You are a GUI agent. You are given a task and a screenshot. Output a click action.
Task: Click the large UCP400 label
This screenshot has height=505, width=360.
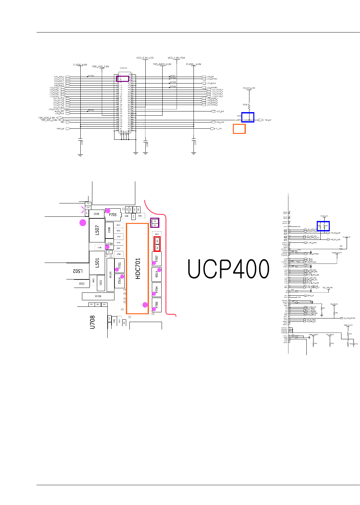[x=229, y=269]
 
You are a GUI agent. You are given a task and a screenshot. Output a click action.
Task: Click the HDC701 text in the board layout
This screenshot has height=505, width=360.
[x=138, y=268]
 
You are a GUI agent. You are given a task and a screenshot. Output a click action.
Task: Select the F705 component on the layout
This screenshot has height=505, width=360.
[x=113, y=215]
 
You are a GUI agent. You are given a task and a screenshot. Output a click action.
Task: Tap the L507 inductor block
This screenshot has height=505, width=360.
[x=97, y=230]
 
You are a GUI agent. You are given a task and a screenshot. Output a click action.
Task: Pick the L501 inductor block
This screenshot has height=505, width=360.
[x=97, y=263]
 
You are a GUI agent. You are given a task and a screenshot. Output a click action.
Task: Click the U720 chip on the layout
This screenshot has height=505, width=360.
[x=109, y=244]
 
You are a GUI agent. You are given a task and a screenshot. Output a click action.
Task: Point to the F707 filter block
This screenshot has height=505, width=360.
[x=157, y=259]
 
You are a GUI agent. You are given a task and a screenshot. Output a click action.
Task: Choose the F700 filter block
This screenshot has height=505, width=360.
[x=157, y=305]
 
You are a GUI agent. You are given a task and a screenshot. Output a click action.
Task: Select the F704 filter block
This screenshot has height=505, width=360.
[x=157, y=289]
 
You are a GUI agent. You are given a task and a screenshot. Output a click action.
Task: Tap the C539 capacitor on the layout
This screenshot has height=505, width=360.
[x=96, y=214]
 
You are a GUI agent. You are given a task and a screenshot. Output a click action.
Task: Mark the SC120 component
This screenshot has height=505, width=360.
[x=111, y=275]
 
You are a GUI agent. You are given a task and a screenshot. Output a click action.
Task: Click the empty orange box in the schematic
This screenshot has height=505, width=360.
[x=239, y=129]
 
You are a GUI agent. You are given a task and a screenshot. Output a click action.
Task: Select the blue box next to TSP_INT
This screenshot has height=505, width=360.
[x=248, y=117]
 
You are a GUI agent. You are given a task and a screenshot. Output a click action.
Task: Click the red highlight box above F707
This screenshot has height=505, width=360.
[x=157, y=244]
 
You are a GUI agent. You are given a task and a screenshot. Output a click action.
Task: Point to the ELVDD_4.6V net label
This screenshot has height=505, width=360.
[x=80, y=65]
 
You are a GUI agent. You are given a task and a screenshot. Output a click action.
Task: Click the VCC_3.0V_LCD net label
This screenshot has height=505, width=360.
[x=145, y=58]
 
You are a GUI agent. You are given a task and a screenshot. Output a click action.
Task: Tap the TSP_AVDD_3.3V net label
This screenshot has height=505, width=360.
[x=162, y=64]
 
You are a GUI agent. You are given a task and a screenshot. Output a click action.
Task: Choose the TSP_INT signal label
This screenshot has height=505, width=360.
[x=268, y=120]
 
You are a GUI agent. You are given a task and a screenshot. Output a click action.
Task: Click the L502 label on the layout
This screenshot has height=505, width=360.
[x=77, y=271]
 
